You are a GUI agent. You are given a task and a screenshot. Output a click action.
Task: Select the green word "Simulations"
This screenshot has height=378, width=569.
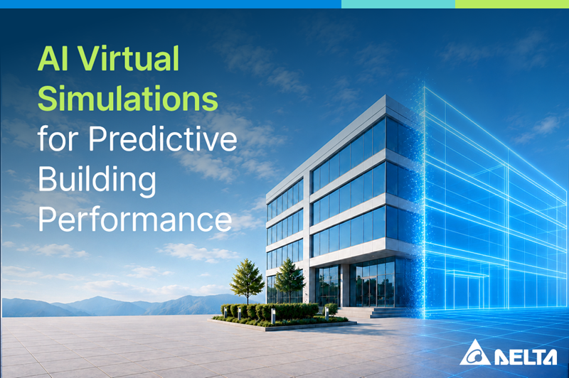tap(128, 99)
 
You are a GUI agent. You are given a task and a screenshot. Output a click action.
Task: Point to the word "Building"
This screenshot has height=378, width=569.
tap(97, 181)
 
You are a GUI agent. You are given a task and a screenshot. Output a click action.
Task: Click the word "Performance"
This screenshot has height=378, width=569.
tap(135, 220)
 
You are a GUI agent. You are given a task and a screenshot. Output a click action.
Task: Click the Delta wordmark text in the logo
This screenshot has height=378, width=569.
tap(526, 357)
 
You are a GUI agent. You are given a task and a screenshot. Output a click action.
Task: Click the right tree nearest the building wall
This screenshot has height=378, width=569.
tap(289, 280)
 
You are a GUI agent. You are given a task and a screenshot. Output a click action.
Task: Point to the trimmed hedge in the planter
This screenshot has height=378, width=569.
tap(270, 312)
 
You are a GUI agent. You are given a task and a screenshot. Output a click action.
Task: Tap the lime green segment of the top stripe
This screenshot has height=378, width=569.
tap(512, 4)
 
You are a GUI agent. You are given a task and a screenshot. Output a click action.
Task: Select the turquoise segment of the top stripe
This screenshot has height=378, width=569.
tap(398, 4)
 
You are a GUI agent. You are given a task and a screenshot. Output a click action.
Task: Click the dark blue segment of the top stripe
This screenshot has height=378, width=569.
tap(171, 4)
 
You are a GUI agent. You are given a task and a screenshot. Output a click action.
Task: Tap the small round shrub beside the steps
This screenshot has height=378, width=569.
tap(331, 310)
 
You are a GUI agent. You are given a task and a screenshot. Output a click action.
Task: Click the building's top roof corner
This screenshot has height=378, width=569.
tap(385, 95)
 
